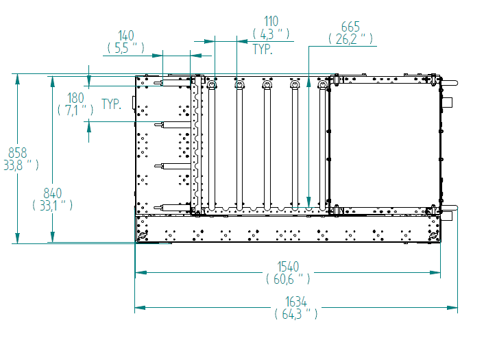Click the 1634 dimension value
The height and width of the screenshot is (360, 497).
pos(295,302)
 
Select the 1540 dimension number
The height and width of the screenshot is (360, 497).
pos(288,267)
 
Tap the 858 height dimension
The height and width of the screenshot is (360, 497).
pos(17,153)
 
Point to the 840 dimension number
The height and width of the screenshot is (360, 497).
pos(52,193)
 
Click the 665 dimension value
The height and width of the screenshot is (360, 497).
pos(350,27)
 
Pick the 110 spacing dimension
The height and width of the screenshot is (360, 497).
pos(271,21)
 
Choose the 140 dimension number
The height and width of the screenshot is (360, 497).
pos(126,36)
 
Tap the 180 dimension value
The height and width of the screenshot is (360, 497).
pos(75,98)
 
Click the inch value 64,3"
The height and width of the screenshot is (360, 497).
pos(295,314)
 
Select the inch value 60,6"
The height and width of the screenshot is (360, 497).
pos(288,279)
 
